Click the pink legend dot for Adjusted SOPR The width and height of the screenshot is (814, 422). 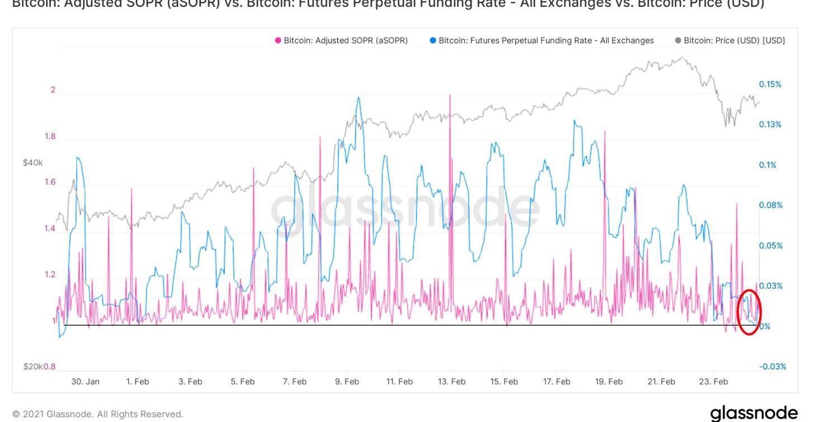tap(278, 40)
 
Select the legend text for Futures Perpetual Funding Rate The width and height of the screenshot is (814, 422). tap(546, 40)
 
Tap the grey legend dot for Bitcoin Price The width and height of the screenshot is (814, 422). tap(678, 40)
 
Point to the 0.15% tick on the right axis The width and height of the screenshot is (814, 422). tap(770, 85)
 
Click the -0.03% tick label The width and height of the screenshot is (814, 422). tap(772, 367)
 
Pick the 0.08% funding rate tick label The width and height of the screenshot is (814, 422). tap(770, 205)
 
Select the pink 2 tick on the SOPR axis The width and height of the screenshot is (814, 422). tap(53, 90)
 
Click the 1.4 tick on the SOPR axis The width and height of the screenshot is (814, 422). tap(50, 228)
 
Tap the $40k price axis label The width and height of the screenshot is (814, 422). tap(32, 163)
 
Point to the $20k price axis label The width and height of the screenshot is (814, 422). tap(32, 367)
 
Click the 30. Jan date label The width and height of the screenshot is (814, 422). tap(85, 382)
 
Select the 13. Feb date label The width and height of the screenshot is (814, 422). tap(451, 382)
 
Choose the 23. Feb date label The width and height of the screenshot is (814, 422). tap(713, 382)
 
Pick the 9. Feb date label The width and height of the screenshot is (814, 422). tap(347, 382)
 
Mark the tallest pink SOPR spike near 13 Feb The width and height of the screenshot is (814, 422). tap(449, 96)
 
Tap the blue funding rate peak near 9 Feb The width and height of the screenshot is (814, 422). tap(358, 99)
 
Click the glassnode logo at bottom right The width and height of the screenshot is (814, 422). tap(754, 413)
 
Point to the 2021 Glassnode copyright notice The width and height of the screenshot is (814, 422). tap(98, 414)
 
